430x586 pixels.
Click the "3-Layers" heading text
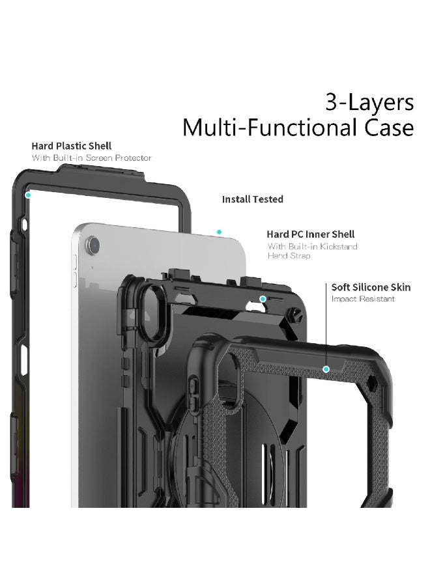tap(369, 102)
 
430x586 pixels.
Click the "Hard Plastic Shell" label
tap(72, 146)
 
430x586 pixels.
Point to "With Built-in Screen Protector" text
tap(92, 158)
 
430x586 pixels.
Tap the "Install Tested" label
tap(252, 199)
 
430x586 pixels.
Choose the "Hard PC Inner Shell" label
tap(310, 234)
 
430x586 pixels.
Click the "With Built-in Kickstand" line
tap(313, 246)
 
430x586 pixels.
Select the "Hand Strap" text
tap(289, 256)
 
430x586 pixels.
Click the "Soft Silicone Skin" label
tap(371, 287)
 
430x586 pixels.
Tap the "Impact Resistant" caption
tap(363, 299)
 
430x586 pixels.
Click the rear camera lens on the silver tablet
tap(93, 245)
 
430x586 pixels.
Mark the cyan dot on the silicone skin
tap(326, 369)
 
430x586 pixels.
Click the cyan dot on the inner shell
tap(263, 299)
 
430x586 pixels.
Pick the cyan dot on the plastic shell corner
tap(27, 195)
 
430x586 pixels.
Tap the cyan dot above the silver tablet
tap(219, 232)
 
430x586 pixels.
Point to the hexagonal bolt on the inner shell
tap(295, 314)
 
